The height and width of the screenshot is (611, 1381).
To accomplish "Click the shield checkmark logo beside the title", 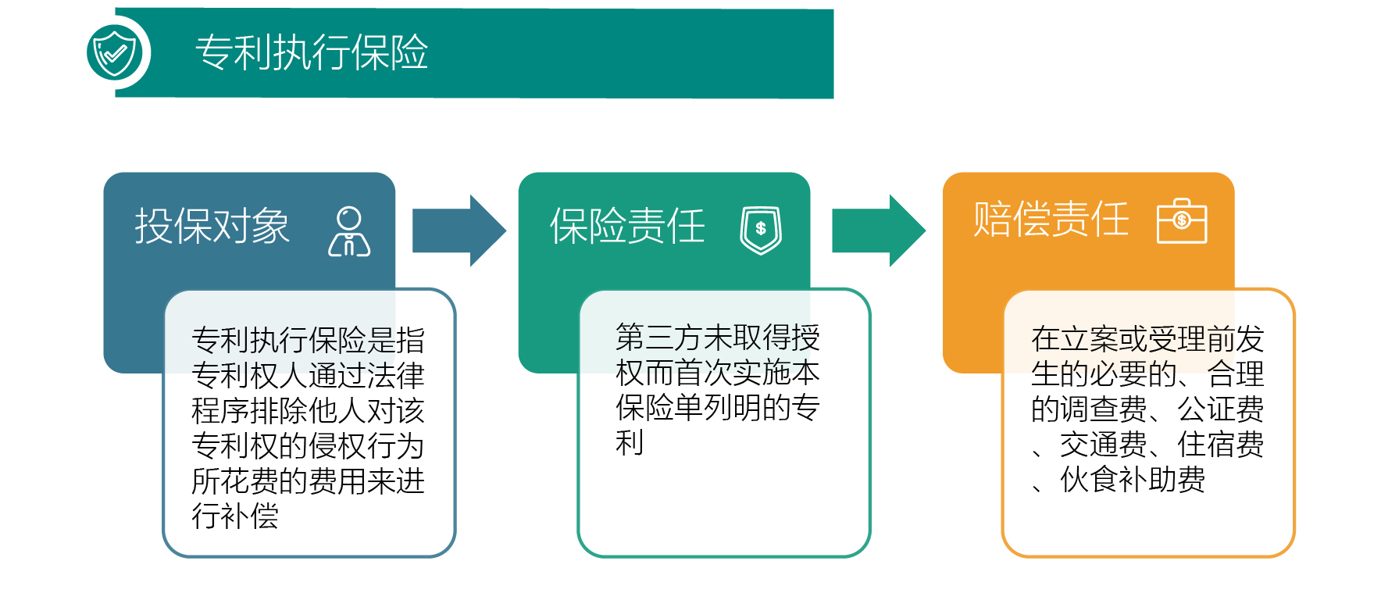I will [x=115, y=52].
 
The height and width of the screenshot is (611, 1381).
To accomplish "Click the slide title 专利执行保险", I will [x=311, y=52].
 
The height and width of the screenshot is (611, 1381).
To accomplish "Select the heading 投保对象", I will [x=212, y=227].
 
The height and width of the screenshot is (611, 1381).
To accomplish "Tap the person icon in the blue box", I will [x=349, y=232].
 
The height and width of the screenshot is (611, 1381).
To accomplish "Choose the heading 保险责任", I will [x=627, y=227].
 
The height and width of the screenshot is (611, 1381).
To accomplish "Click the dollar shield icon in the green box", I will [x=761, y=230].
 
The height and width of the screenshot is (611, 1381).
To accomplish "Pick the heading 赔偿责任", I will [x=1051, y=220].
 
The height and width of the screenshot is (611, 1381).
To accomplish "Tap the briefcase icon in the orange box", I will [x=1181, y=221].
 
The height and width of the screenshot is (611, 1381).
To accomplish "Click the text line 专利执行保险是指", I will [x=308, y=341].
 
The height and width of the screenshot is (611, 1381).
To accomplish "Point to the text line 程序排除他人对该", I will [x=308, y=411].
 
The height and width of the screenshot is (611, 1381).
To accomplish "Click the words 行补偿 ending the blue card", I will [x=235, y=516].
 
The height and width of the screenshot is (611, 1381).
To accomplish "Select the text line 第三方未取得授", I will [x=717, y=338].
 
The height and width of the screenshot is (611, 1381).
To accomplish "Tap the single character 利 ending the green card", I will [x=630, y=443].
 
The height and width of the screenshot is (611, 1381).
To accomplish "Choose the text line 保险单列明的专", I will [x=717, y=408].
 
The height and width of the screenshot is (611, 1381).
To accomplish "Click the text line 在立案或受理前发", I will [x=1147, y=339].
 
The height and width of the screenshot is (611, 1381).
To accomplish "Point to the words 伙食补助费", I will [x=1133, y=480].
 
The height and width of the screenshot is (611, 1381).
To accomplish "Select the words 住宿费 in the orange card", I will [x=1220, y=445].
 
